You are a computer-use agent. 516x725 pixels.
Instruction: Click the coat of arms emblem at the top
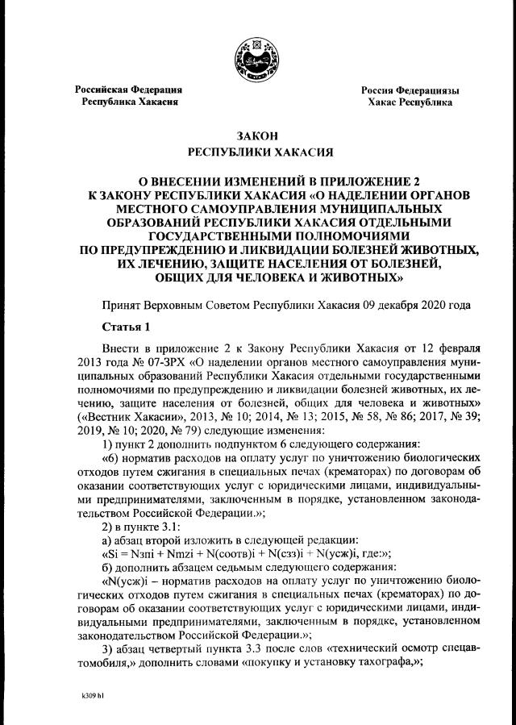(x=257, y=59)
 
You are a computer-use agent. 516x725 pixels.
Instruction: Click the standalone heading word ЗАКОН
(x=257, y=136)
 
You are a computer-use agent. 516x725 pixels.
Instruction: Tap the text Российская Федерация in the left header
(x=129, y=90)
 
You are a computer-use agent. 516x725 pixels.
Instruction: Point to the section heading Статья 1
(x=125, y=327)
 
